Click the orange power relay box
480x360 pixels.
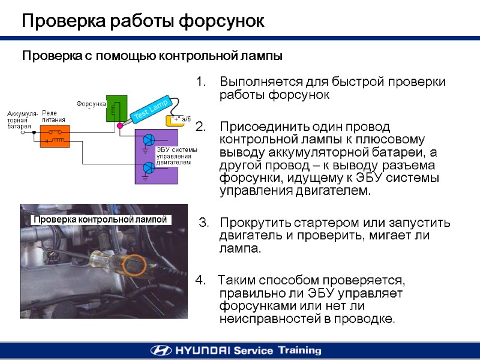coord(55,136)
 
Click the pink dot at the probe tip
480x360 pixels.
coord(120,126)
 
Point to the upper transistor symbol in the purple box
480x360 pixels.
coord(148,140)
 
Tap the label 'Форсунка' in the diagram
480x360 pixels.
coord(91,104)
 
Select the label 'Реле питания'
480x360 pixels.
coord(53,116)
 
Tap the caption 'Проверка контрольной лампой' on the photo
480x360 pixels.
coord(100,220)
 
